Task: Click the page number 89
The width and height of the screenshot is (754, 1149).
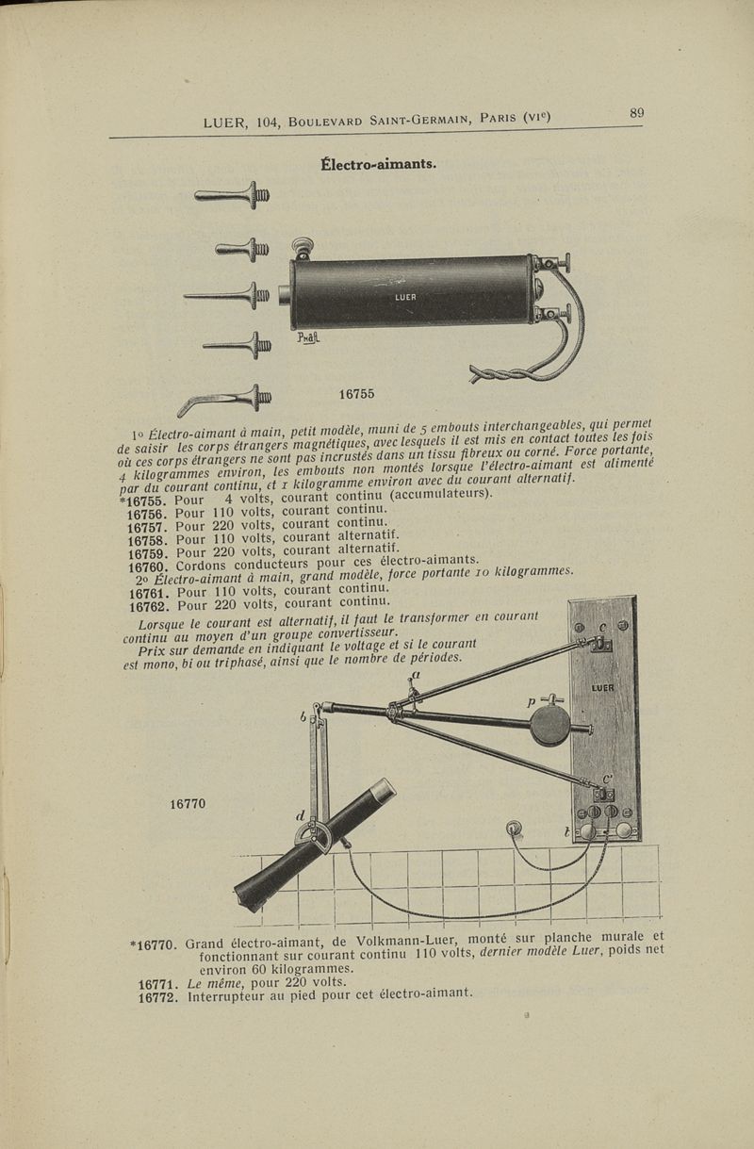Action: (x=636, y=112)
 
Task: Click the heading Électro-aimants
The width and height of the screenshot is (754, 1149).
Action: (x=378, y=165)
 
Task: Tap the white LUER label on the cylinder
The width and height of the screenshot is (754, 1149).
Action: (x=405, y=297)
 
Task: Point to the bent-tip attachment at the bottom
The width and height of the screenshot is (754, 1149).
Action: (x=224, y=400)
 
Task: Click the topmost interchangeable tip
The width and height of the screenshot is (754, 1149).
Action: (x=232, y=195)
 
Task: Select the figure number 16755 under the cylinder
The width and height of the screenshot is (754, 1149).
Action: (x=356, y=394)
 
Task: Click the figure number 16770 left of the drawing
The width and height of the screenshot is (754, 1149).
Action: (x=188, y=803)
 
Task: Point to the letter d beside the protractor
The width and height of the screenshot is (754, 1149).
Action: (x=301, y=815)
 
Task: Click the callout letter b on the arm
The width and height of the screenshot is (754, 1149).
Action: (x=303, y=717)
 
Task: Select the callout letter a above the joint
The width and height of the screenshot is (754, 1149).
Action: (x=416, y=675)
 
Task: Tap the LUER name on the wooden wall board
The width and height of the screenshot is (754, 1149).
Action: (x=602, y=688)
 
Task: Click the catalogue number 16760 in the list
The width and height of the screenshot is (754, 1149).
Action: (x=148, y=567)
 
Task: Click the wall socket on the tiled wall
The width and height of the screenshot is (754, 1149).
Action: (x=514, y=829)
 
